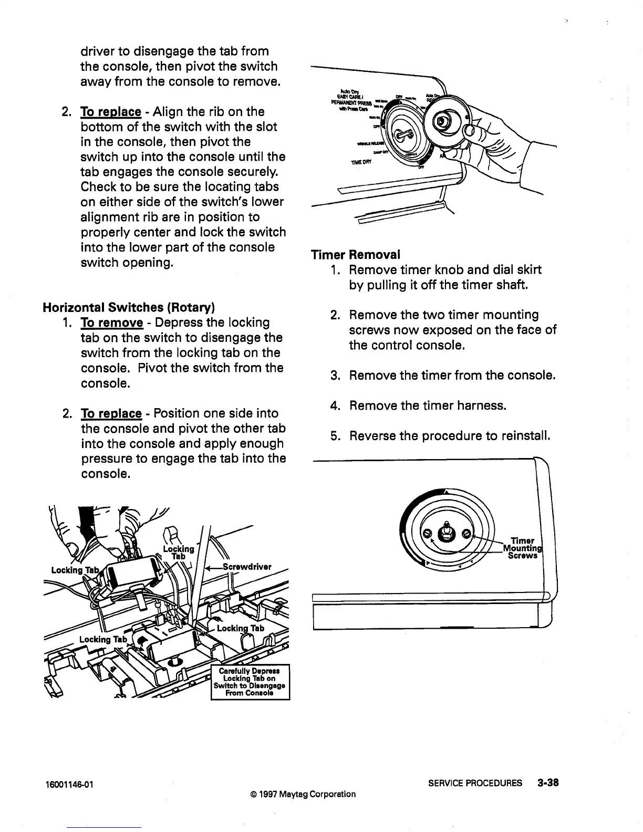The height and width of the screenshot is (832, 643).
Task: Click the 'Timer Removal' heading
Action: pyautogui.click(x=355, y=255)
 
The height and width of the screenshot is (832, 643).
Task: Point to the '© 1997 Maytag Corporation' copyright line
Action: pyautogui.click(x=299, y=794)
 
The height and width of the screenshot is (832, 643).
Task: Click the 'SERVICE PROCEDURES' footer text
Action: pyautogui.click(x=480, y=783)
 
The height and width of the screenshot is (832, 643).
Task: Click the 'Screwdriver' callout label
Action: pyautogui.click(x=247, y=567)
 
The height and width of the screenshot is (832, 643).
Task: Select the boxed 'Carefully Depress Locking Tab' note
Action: pyautogui.click(x=250, y=682)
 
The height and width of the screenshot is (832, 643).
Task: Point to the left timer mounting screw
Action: pyautogui.click(x=428, y=534)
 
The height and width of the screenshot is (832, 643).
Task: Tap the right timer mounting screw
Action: pyautogui.click(x=465, y=534)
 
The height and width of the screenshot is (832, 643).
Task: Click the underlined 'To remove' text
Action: pyautogui.click(x=111, y=323)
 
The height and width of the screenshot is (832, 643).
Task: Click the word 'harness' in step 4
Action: pyautogui.click(x=482, y=405)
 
